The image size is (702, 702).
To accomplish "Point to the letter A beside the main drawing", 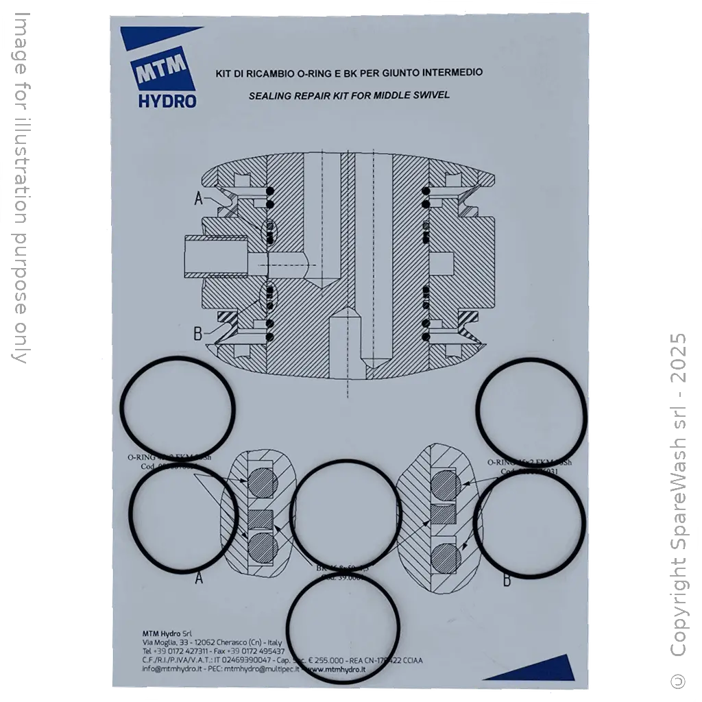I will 199,199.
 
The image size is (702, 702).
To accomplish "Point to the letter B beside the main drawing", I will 198,334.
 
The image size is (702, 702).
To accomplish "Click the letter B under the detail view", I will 507,581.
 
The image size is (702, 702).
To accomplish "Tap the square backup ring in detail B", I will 441,513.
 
